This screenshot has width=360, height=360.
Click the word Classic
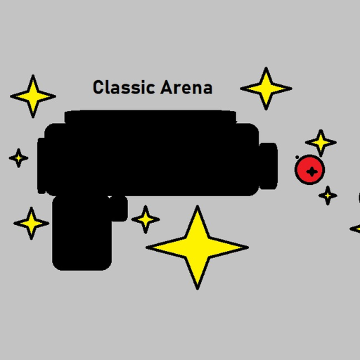pyautogui.click(x=124, y=87)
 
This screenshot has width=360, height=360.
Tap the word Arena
pyautogui.click(x=186, y=87)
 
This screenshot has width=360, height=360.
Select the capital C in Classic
pyautogui.click(x=98, y=87)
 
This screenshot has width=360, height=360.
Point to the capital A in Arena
pyautogui.click(x=167, y=87)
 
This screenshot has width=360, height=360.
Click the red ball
pyautogui.click(x=309, y=169)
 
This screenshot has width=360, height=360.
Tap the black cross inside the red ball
pyautogui.click(x=312, y=172)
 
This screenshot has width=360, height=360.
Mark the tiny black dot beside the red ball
pyautogui.click(x=297, y=157)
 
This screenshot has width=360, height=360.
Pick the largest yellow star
pyautogui.click(x=197, y=247)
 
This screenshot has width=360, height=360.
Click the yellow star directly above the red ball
pyautogui.click(x=321, y=143)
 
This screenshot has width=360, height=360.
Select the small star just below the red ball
pyautogui.click(x=328, y=195)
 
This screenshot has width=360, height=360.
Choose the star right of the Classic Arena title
pyautogui.click(x=266, y=89)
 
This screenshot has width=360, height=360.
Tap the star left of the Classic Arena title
pyautogui.click(x=33, y=96)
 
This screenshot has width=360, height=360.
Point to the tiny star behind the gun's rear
pyautogui.click(x=18, y=158)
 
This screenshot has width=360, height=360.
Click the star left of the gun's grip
pyautogui.click(x=31, y=223)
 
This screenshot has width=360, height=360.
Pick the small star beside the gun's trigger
pyautogui.click(x=146, y=219)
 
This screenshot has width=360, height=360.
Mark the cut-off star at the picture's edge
pyautogui.click(x=356, y=229)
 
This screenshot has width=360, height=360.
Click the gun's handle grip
pyautogui.click(x=82, y=233)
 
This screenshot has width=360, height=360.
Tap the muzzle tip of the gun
pyautogui.click(x=269, y=166)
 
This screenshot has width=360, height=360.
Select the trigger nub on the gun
pyautogui.click(x=119, y=209)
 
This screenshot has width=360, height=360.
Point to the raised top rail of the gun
pyautogui.click(x=150, y=117)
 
